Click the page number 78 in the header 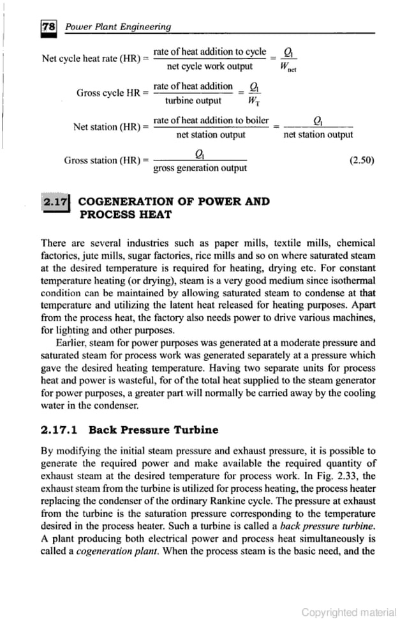coord(47,27)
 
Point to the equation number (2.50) coord(362,161)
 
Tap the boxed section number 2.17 coord(56,202)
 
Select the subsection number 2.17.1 coord(61,429)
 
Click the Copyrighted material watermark coord(348,613)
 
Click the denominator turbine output coord(193,100)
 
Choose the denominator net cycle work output coord(209,66)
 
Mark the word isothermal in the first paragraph coord(352,280)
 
